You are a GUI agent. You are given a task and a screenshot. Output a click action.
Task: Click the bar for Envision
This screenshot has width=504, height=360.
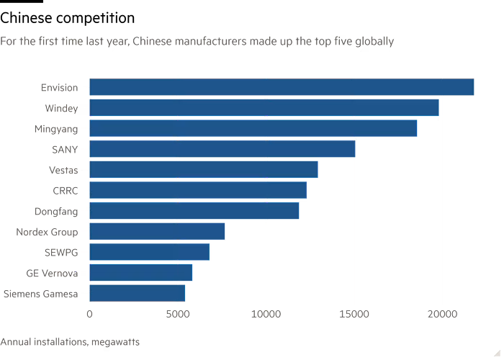click(282, 87)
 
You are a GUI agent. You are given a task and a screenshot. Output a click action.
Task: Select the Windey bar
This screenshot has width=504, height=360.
click(264, 108)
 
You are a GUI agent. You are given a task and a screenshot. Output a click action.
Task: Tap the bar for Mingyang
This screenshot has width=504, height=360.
click(253, 128)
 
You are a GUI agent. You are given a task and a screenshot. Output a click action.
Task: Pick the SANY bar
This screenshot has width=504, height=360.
click(222, 149)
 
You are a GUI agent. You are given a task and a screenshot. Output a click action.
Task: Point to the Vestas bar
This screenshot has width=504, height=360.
click(204, 169)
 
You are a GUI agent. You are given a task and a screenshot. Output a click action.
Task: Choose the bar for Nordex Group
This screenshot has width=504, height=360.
click(157, 231)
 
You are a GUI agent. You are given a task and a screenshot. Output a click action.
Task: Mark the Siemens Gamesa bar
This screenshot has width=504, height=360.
click(138, 293)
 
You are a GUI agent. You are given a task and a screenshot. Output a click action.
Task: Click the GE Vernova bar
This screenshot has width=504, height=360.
click(141, 273)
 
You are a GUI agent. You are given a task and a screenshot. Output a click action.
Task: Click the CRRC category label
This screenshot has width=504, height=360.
click(66, 191)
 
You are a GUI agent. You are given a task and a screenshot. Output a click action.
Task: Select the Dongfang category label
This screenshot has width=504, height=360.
click(56, 212)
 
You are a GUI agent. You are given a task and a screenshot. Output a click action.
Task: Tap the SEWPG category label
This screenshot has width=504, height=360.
click(61, 253)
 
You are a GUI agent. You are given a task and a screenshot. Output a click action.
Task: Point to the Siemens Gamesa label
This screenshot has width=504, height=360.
click(41, 294)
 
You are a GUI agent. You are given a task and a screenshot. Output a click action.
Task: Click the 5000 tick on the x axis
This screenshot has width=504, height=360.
click(178, 314)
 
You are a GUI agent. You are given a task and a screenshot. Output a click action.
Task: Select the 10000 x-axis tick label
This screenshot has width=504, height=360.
click(266, 314)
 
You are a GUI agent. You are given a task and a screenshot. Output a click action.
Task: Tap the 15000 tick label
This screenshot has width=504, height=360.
click(354, 314)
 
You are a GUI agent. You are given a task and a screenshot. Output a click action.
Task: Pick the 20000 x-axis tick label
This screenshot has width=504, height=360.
click(442, 314)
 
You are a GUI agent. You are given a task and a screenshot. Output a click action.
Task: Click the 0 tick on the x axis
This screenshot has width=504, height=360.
click(90, 314)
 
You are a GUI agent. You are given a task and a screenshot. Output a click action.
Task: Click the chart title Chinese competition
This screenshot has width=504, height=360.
click(67, 18)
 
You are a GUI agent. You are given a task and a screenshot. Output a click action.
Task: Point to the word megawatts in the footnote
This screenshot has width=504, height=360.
click(115, 342)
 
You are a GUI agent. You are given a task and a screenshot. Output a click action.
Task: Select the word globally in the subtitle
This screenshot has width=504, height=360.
click(374, 42)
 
